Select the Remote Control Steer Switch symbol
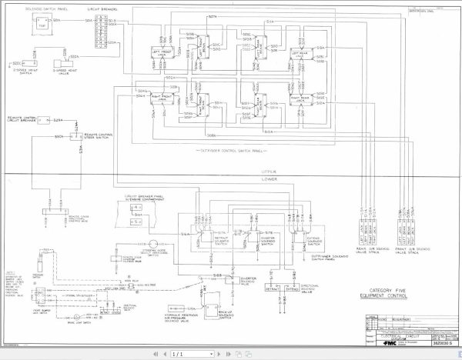point(75,135)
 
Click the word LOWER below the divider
point(269,180)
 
